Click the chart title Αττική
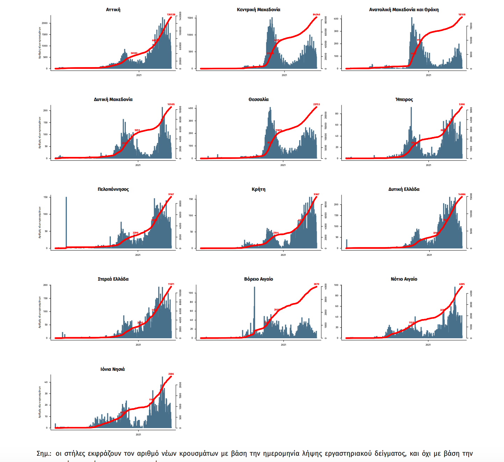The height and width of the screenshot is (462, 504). [x=113, y=10]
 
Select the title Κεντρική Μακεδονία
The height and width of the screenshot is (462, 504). [x=258, y=10]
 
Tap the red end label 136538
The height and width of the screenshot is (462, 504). [x=171, y=15]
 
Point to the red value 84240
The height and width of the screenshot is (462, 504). [x=316, y=15]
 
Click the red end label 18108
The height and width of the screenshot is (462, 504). [x=462, y=15]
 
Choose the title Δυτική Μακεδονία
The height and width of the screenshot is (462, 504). [x=113, y=100]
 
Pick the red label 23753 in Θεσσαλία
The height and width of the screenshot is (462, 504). [x=316, y=104]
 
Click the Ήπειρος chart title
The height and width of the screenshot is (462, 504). [x=404, y=100]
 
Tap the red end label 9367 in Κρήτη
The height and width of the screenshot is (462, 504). [x=316, y=194]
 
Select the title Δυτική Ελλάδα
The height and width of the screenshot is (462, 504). [x=404, y=189]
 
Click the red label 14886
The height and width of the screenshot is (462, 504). [x=462, y=194]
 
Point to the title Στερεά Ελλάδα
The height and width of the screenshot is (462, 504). [x=113, y=279]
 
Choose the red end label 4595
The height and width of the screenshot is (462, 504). [x=462, y=284]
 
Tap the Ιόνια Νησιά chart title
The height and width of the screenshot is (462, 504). [x=113, y=369]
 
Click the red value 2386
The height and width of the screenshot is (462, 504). [x=171, y=374]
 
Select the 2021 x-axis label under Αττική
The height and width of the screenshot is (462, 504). [x=139, y=75]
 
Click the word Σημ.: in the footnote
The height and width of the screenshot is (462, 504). [x=44, y=454]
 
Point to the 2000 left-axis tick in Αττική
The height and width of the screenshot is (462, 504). [x=45, y=23]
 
